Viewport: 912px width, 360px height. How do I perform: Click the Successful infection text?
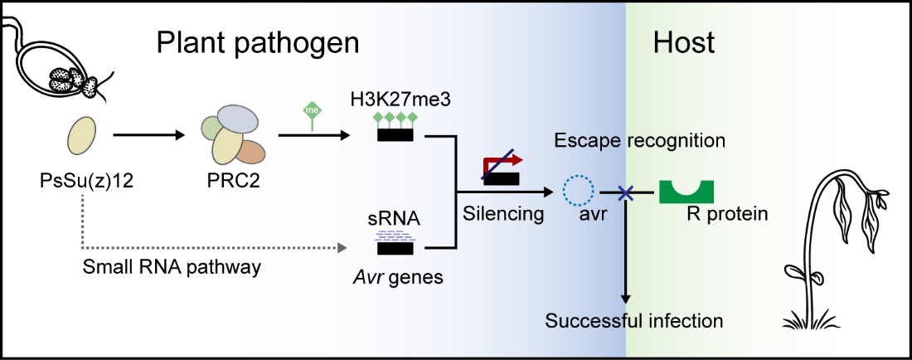(x=634, y=319)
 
